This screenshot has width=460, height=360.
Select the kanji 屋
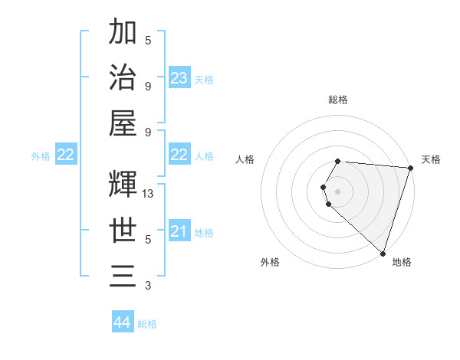click(x=123, y=123)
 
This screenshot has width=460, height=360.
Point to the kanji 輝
click(x=123, y=183)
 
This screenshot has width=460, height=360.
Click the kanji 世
click(x=123, y=230)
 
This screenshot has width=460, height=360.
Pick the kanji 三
click(x=123, y=275)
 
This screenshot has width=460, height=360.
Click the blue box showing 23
click(x=179, y=77)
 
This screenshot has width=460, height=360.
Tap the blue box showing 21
click(x=179, y=231)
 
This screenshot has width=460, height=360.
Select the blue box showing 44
click(x=123, y=322)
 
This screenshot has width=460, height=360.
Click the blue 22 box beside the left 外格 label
click(x=66, y=155)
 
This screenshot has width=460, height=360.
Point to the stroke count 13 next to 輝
click(x=148, y=194)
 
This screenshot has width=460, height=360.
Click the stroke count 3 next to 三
click(x=148, y=286)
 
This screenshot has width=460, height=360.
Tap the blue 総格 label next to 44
click(x=147, y=324)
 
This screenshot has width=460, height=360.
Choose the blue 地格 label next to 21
click(x=204, y=232)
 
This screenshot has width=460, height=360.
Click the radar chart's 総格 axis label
click(x=337, y=100)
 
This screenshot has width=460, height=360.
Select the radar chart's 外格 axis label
click(x=270, y=262)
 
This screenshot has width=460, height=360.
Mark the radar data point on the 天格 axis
click(x=410, y=169)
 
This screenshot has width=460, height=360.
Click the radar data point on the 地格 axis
click(x=383, y=253)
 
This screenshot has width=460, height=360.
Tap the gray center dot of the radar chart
click(x=337, y=190)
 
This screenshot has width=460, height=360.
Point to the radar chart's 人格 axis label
click(x=245, y=159)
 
